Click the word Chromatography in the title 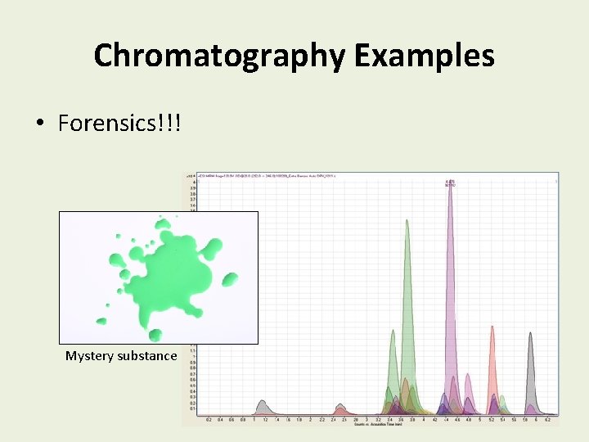[x=219, y=56]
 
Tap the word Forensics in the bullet [x=119, y=124]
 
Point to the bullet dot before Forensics [x=39, y=124]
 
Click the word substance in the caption [x=148, y=356]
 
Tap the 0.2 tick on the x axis [x=209, y=419]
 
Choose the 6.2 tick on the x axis [x=546, y=419]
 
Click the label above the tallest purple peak [x=450, y=183]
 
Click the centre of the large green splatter [x=164, y=274]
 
